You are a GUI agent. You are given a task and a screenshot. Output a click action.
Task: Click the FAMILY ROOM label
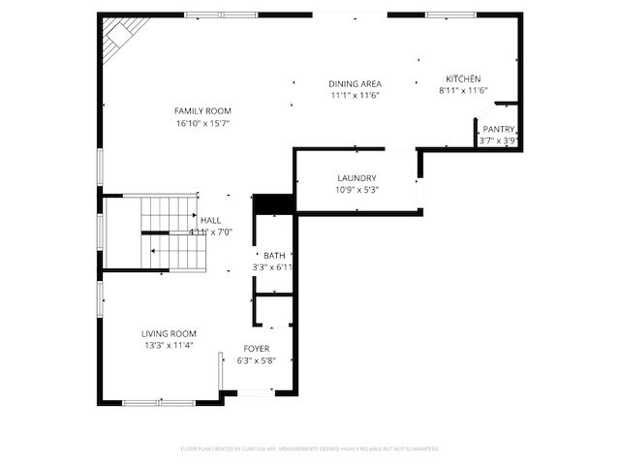click(201, 110)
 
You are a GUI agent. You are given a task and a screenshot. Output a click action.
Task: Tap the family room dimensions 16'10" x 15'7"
click(201, 123)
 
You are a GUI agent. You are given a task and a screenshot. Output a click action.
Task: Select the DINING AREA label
click(354, 83)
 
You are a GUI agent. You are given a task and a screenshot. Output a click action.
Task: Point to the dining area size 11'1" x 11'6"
click(354, 95)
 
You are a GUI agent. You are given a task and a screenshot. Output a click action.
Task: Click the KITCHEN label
click(463, 78)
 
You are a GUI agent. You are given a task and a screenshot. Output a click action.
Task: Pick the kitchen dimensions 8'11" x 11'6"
click(463, 91)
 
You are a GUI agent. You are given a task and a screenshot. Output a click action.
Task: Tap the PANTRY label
click(499, 129)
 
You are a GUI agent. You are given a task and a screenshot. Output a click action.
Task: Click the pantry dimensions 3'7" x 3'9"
click(499, 140)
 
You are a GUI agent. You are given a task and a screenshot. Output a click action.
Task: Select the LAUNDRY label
click(356, 177)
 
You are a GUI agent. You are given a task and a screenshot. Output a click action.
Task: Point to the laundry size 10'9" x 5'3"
click(356, 190)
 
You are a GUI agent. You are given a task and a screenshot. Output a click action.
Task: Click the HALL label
click(210, 220)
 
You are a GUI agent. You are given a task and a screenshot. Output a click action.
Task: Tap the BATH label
click(274, 255)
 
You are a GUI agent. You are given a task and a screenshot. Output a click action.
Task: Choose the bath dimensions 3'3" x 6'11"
click(273, 266)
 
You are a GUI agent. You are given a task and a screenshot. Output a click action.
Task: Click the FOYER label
click(257, 348)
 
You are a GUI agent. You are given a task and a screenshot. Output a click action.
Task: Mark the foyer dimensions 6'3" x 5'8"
click(257, 360)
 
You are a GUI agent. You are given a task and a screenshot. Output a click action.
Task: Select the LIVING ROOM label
click(169, 332)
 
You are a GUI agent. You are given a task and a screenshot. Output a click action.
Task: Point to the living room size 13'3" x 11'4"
click(169, 345)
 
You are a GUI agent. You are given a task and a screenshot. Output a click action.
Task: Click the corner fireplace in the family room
click(120, 36)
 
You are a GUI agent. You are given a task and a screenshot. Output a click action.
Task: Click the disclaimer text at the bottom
click(310, 449)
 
